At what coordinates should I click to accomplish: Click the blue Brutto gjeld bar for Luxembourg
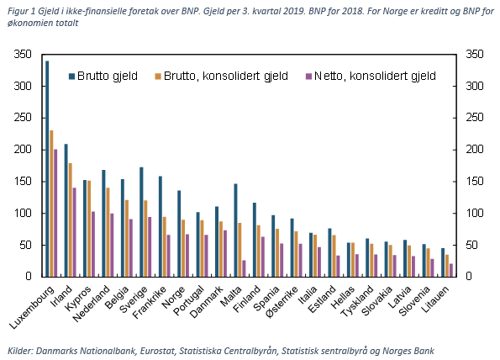click(47, 168)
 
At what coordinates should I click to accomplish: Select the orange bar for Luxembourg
click(51, 204)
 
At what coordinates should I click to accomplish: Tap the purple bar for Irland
click(74, 232)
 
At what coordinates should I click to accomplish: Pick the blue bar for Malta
click(235, 230)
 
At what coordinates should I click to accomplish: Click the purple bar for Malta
click(244, 268)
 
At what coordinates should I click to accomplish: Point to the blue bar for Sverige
click(141, 222)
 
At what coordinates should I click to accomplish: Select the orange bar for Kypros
click(89, 229)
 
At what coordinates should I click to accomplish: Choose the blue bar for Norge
click(179, 233)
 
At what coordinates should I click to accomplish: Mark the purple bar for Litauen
click(451, 270)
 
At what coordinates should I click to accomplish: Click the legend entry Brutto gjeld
click(103, 76)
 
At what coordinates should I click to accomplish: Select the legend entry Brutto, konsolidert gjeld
click(222, 76)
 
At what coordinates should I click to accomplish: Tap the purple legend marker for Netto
click(308, 77)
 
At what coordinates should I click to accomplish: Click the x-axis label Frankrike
click(150, 302)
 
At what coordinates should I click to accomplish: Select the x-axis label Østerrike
click(282, 302)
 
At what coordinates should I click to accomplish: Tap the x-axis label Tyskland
click(357, 301)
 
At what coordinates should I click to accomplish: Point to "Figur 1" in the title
click(21, 12)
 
